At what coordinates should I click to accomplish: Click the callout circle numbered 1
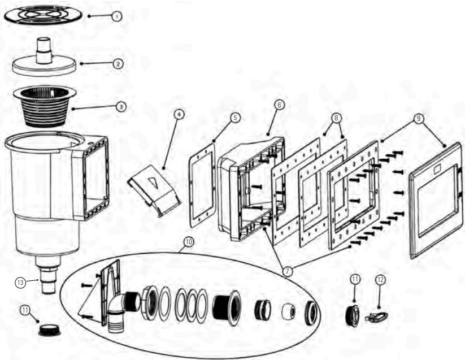point(116,17)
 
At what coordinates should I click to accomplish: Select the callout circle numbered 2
point(118,64)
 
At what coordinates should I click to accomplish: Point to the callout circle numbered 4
point(179,114)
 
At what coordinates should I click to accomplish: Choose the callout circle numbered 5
point(235,118)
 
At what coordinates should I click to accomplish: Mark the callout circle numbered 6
point(279,105)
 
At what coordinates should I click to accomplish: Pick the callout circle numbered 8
point(336,118)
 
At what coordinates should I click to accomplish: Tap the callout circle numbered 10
point(188,241)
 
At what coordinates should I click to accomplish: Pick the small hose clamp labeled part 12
point(375,317)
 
